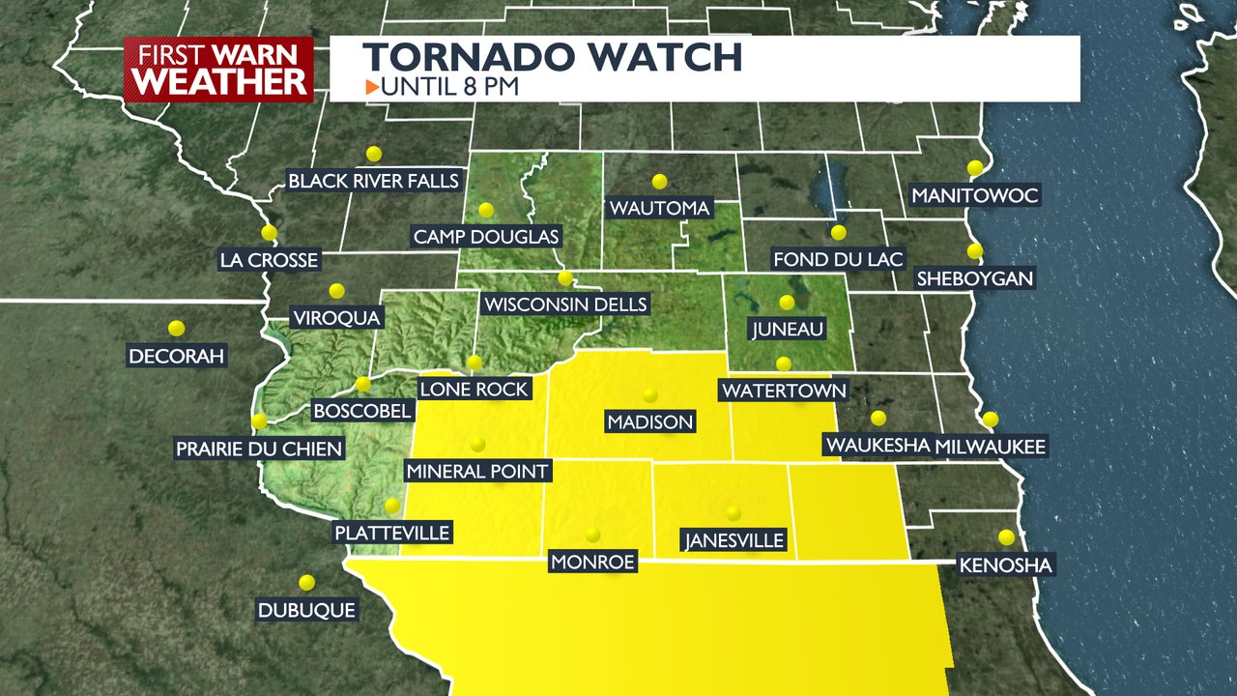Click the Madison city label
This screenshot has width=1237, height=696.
pyautogui.click(x=649, y=421)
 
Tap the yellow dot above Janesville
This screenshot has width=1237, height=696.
pyautogui.click(x=734, y=513)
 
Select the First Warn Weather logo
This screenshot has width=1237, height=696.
pyautogui.click(x=219, y=69)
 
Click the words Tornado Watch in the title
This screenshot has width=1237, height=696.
pyautogui.click(x=554, y=58)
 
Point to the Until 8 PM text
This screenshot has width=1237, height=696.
pyautogui.click(x=450, y=86)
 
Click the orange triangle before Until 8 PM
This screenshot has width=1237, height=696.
pyautogui.click(x=372, y=87)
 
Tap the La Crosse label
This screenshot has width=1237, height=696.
pyautogui.click(x=269, y=260)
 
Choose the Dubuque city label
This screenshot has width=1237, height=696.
pyautogui.click(x=307, y=610)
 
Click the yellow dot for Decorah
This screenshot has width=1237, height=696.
pyautogui.click(x=176, y=329)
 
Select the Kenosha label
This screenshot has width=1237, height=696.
pyautogui.click(x=1005, y=565)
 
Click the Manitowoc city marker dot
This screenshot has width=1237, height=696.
pyautogui.click(x=975, y=168)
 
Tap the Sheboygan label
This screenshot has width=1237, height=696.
pyautogui.click(x=975, y=278)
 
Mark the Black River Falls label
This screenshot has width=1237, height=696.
pyautogui.click(x=373, y=181)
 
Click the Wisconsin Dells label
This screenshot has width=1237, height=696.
pyautogui.click(x=565, y=304)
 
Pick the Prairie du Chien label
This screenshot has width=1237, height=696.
pyautogui.click(x=259, y=449)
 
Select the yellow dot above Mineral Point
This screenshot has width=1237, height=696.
pyautogui.click(x=477, y=445)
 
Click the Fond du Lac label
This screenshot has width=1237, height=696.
pyautogui.click(x=838, y=259)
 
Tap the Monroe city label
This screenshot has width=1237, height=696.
pyautogui.click(x=592, y=562)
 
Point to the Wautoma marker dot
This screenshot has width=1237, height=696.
pyautogui.click(x=660, y=181)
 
